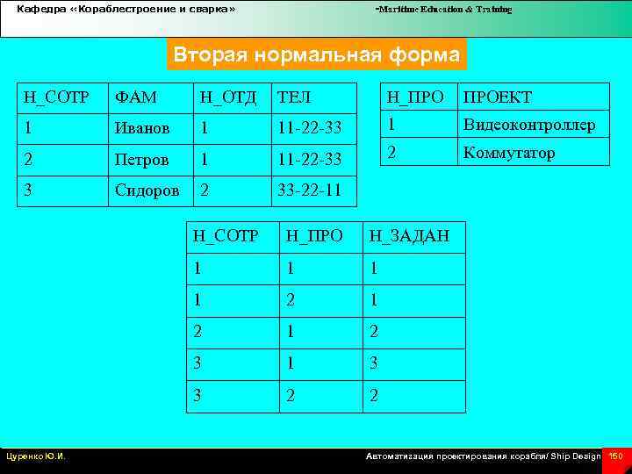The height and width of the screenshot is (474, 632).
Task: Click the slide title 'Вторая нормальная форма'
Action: click(x=316, y=55)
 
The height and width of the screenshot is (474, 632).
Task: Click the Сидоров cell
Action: click(x=146, y=190)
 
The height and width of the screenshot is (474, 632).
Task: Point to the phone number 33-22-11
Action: click(x=310, y=190)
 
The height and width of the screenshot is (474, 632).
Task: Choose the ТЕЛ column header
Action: click(x=294, y=97)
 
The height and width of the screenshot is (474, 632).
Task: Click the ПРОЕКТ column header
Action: click(x=498, y=97)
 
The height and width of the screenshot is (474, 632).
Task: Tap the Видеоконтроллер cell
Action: click(x=529, y=125)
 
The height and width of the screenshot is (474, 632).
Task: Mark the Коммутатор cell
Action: click(x=509, y=153)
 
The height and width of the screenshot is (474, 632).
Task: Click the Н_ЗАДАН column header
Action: click(x=409, y=235)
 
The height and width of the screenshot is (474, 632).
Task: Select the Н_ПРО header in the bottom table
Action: click(x=314, y=235)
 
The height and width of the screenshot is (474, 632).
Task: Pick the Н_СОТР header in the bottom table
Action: click(x=226, y=235)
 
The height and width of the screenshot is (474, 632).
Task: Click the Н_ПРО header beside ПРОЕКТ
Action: click(x=415, y=97)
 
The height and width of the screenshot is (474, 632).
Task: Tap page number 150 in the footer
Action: click(x=616, y=456)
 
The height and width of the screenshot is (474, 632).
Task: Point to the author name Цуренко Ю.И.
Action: click(x=37, y=456)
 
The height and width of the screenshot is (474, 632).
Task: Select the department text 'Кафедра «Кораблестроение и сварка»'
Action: click(x=126, y=9)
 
